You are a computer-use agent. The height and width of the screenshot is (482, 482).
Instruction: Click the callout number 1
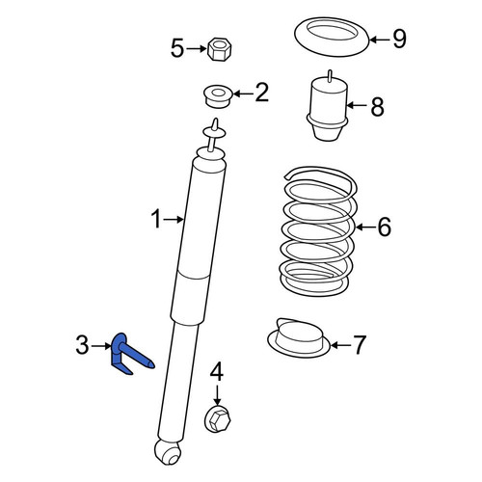(x=156, y=219)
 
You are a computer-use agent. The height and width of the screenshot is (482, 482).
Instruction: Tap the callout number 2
(x=261, y=93)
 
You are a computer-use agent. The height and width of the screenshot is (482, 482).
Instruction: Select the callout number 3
(x=82, y=345)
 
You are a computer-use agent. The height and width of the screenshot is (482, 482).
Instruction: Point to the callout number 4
(x=217, y=371)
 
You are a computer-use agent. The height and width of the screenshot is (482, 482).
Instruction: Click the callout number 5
(x=177, y=48)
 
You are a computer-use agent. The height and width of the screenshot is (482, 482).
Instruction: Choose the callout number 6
(x=385, y=227)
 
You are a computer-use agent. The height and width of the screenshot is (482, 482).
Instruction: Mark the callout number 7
(x=360, y=345)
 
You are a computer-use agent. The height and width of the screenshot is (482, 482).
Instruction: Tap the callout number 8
(x=377, y=107)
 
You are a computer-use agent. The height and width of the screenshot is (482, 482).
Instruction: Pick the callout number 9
(x=399, y=39)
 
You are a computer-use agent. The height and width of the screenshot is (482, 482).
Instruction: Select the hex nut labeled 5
(x=220, y=50)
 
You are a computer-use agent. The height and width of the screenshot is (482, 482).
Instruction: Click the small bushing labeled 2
(x=219, y=96)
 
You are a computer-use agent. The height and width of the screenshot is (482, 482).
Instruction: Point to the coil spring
(x=319, y=231)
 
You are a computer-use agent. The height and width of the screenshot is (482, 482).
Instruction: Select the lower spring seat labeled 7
(x=299, y=337)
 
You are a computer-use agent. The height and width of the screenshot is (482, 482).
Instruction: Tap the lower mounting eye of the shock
(x=168, y=451)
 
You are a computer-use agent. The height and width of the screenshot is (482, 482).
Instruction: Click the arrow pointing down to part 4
(x=217, y=395)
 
